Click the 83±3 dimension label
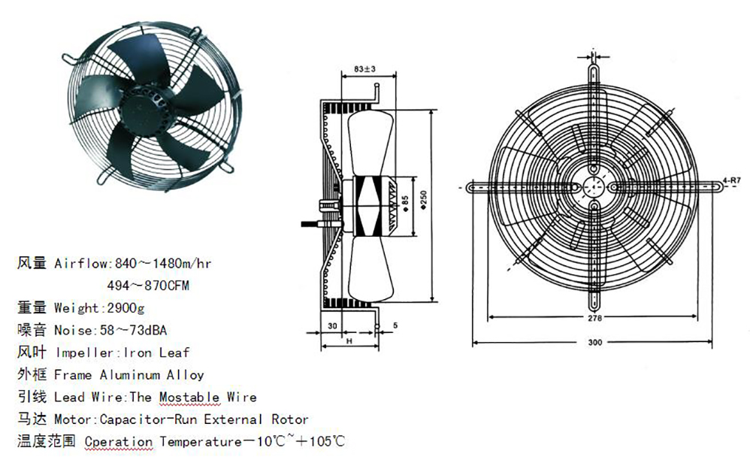tap(364, 70)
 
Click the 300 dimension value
tap(595, 343)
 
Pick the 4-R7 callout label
tap(731, 180)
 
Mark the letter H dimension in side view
tap(349, 342)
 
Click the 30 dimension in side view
tap(331, 325)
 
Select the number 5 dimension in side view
tap(394, 325)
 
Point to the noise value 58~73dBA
tap(139, 330)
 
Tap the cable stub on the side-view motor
tap(310, 223)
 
